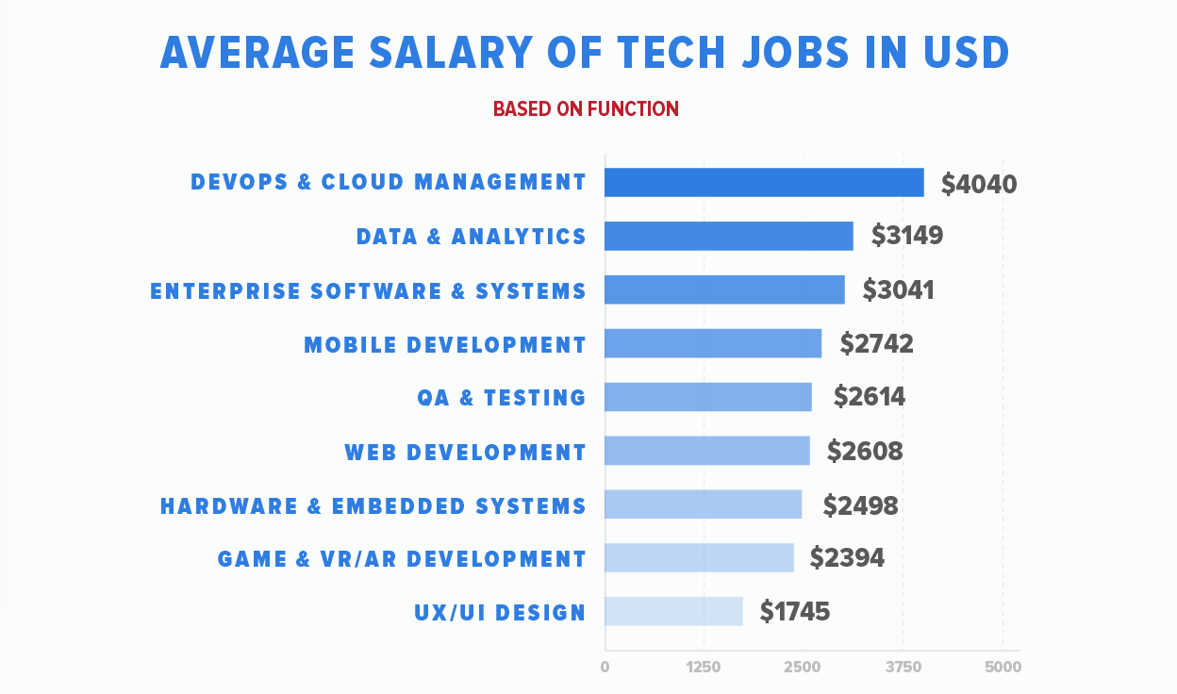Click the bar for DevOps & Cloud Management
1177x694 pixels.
click(x=764, y=182)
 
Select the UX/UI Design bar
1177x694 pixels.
click(x=673, y=611)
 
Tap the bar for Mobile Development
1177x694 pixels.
click(x=713, y=343)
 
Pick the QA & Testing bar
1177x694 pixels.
click(x=707, y=397)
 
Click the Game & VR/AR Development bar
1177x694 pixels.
click(x=699, y=557)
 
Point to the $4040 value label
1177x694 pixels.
click(x=979, y=184)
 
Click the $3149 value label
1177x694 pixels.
click(x=906, y=236)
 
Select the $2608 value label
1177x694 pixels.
click(x=865, y=452)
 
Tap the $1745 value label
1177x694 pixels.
click(x=795, y=612)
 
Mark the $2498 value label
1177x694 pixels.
click(x=860, y=505)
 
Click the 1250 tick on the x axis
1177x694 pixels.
click(x=704, y=668)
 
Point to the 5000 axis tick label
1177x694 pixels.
click(x=1003, y=668)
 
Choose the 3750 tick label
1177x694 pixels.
click(x=903, y=668)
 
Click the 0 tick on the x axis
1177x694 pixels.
click(x=605, y=668)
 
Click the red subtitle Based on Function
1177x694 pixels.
click(x=586, y=108)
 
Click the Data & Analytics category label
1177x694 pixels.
click(x=471, y=237)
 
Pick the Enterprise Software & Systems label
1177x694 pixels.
click(x=368, y=290)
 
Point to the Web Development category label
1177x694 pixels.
click(x=465, y=453)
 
